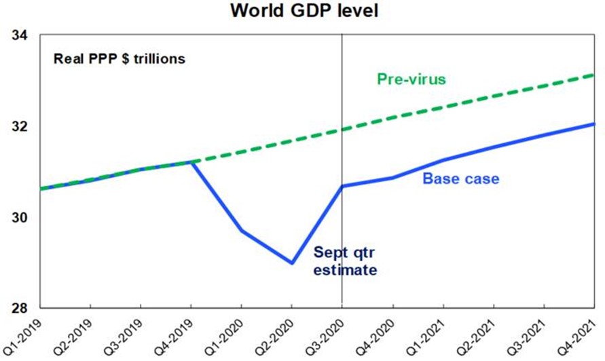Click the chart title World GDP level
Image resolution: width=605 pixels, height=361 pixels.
click(302, 11)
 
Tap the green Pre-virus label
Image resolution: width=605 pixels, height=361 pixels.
click(411, 79)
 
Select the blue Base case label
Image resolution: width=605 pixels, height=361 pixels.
click(460, 179)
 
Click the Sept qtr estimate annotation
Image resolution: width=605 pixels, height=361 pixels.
click(344, 261)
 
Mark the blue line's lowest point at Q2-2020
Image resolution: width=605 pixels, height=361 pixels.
click(292, 263)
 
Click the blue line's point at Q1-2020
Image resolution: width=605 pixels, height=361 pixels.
click(242, 231)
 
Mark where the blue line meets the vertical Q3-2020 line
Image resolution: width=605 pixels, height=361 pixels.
click(342, 186)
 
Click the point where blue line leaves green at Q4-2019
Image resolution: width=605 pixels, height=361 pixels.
click(191, 162)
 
